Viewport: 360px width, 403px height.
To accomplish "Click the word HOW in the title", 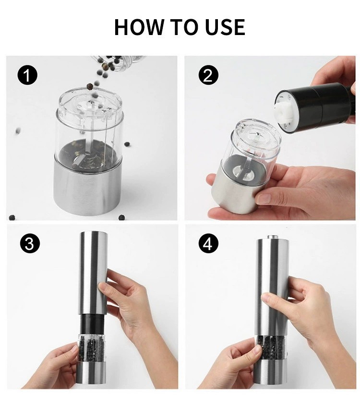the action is point(139,27).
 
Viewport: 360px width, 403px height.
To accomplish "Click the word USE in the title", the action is point(225,27).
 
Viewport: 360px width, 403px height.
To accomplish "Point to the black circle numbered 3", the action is point(30,243).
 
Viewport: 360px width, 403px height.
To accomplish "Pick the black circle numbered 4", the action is point(208,243).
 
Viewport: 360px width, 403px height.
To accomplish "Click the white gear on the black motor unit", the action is point(285,113).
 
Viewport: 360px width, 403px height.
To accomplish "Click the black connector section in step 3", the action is point(93,324).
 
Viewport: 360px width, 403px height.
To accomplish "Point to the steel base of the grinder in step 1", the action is point(87,190).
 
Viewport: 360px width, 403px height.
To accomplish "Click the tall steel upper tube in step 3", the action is point(93,273).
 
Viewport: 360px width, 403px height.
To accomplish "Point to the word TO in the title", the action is point(184,27).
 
